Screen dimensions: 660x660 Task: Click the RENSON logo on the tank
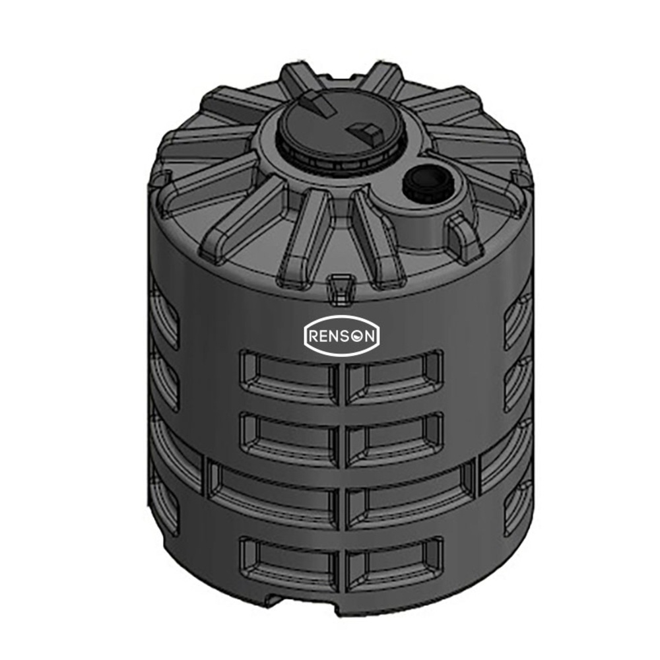(x=341, y=336)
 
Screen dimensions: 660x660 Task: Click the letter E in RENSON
(x=325, y=337)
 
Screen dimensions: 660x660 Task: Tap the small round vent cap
(x=429, y=180)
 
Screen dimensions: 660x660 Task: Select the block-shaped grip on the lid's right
(x=364, y=129)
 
